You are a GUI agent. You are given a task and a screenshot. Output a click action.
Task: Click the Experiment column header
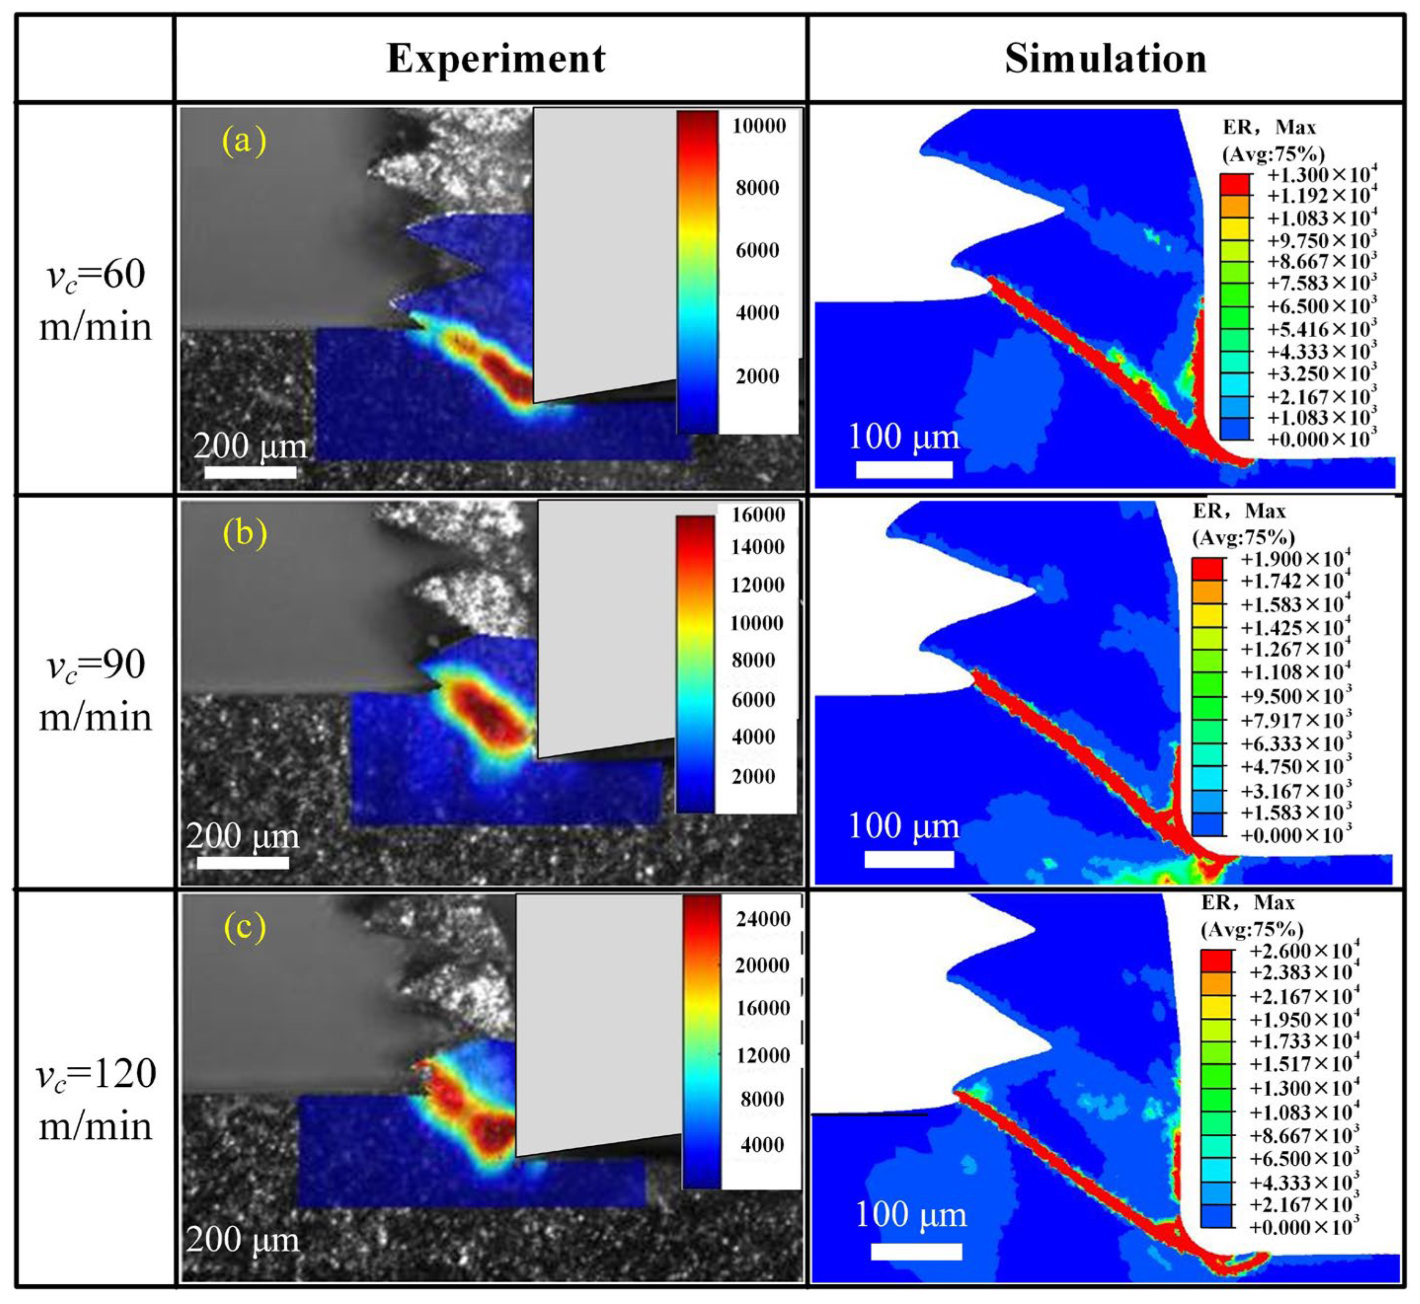496,59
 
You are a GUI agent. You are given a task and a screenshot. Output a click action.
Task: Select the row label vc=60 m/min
95,300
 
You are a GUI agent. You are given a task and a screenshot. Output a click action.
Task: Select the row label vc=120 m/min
95,1099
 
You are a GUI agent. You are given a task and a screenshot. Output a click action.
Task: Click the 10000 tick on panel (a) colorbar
759,126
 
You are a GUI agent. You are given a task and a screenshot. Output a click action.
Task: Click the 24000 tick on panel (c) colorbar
763,919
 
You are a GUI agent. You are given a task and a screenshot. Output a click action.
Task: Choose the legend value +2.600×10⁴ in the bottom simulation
1304,951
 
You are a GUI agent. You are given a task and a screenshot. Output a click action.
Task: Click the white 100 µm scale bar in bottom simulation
915,1251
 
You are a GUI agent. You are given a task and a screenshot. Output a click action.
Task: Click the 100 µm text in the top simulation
904,437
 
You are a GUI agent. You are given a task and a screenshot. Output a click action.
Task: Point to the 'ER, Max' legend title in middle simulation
1239,511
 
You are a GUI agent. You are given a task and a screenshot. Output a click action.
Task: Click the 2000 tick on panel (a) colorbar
758,376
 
